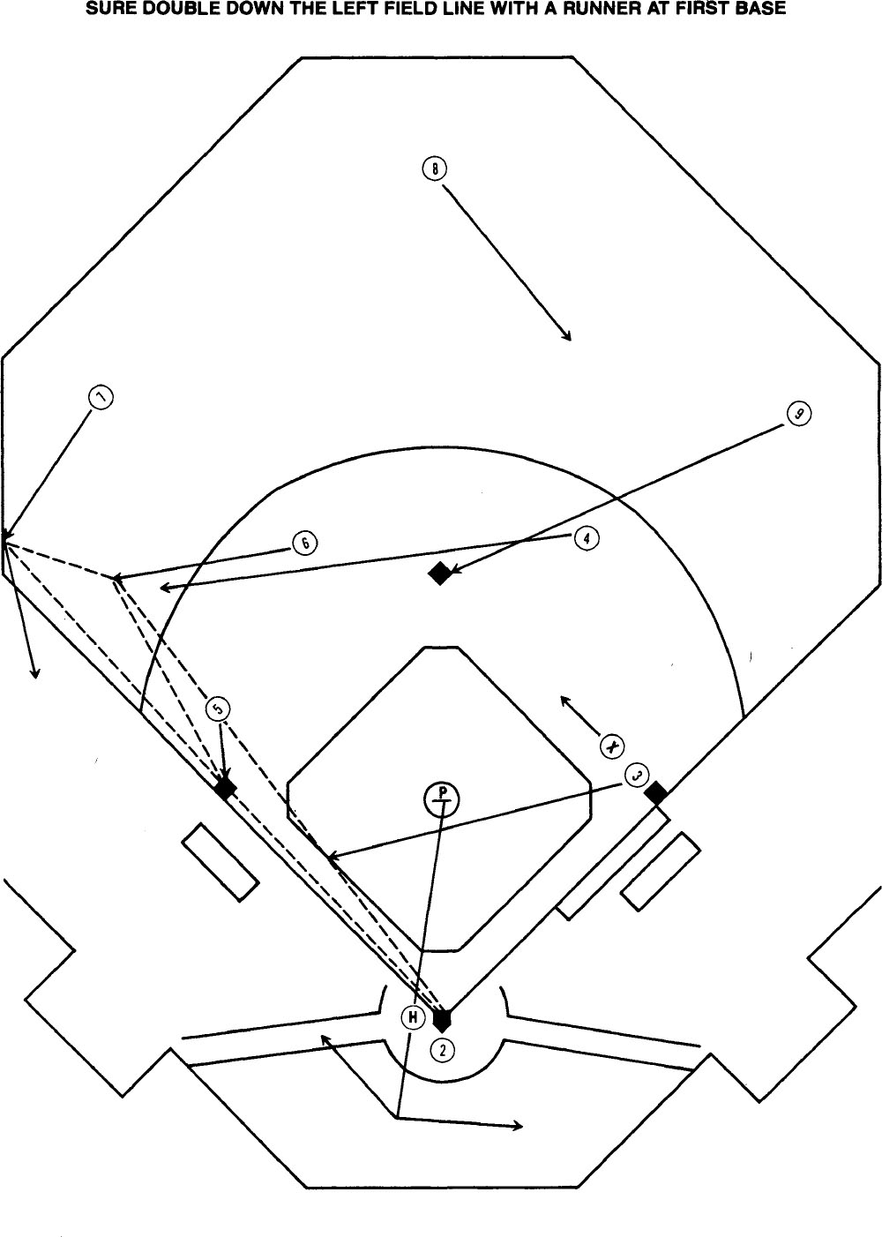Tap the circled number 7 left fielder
tap(102, 398)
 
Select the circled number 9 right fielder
tap(798, 414)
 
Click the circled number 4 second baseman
tap(587, 538)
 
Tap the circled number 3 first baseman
tap(637, 775)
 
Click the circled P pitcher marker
tap(442, 798)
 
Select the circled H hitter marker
tap(412, 1017)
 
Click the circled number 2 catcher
tap(443, 1048)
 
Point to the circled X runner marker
tap(611, 746)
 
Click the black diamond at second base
tap(439, 574)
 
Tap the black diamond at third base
tap(225, 788)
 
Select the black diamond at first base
tap(655, 793)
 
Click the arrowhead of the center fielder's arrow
tap(569, 338)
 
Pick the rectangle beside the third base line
tap(220, 862)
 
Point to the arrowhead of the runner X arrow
tap(563, 699)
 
